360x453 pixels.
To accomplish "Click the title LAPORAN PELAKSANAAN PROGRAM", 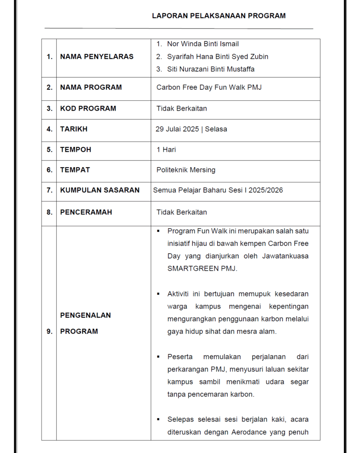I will [x=218, y=16].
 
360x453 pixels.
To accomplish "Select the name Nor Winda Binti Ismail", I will [x=203, y=44].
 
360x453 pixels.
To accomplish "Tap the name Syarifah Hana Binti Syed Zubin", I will [x=217, y=57].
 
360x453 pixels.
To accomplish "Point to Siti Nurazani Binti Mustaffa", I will [x=211, y=69].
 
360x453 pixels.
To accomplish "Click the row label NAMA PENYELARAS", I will [x=96, y=57].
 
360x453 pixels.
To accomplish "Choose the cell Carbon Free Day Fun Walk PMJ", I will [x=209, y=88].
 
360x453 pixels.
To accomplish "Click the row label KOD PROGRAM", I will [x=88, y=108].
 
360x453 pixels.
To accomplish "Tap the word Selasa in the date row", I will [x=216, y=129].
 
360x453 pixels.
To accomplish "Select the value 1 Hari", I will [x=166, y=150].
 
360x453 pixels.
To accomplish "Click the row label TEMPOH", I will [x=76, y=150].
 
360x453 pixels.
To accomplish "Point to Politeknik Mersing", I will [x=186, y=170].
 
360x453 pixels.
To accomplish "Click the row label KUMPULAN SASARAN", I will [x=100, y=190].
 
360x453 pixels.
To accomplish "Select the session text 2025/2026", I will [x=265, y=190].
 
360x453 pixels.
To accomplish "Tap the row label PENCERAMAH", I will [x=86, y=212].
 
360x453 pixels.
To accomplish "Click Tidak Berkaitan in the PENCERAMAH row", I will [x=181, y=212].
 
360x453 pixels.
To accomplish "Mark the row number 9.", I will [x=49, y=331].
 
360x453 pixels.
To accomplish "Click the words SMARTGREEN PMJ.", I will [x=202, y=269].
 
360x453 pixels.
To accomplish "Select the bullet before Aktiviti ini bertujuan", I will [x=158, y=294].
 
